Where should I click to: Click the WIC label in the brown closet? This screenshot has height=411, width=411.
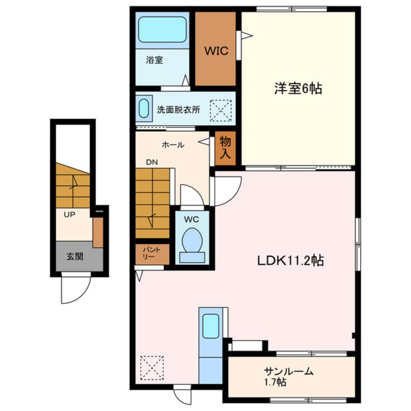216,51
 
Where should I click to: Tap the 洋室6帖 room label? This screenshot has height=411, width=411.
298,88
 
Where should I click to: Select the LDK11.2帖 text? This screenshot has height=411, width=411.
291,260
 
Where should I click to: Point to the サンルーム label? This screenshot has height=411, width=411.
288,371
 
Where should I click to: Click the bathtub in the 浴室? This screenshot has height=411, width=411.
162,30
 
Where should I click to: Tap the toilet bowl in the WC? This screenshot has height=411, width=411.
192,240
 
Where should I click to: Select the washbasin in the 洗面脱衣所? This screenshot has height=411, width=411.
144,108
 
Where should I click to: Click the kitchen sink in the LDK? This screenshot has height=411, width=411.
211,326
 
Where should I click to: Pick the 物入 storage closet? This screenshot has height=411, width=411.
225,148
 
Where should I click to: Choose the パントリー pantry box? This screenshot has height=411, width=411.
152,254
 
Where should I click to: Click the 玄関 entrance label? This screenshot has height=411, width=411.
75,256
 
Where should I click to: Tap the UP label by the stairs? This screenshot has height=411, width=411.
69,215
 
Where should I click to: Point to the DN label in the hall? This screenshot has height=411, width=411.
152,162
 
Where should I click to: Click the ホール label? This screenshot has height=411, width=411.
173,145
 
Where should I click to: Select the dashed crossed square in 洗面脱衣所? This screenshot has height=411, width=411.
221,110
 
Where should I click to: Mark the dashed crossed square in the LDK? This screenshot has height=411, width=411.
152,368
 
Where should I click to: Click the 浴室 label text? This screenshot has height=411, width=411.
154,60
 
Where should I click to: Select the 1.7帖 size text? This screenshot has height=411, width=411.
275,382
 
